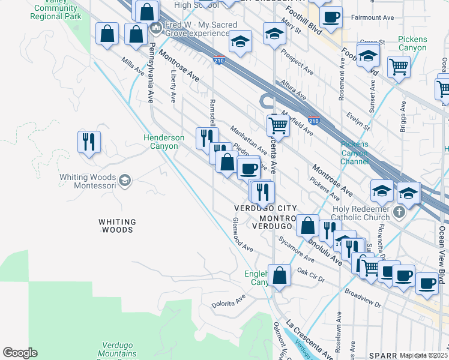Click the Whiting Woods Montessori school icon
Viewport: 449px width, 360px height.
pos(125,181)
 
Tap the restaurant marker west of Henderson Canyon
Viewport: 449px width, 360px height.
pos(89,142)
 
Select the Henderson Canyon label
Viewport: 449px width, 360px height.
pos(164,142)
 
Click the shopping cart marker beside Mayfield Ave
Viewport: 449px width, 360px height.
pos(278,125)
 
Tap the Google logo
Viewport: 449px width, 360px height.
pos(20,353)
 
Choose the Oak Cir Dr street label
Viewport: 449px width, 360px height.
pos(310,277)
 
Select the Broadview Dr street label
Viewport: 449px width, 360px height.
pos(363,298)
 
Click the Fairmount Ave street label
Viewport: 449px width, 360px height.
pos(373,18)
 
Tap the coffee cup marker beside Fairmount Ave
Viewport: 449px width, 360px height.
pos(330,16)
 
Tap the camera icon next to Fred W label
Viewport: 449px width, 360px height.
pos(156,26)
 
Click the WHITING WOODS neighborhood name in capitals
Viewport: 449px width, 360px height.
pos(117,226)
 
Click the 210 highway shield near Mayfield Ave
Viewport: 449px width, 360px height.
pos(313,120)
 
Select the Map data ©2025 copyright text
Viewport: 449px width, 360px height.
pos(423,355)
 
